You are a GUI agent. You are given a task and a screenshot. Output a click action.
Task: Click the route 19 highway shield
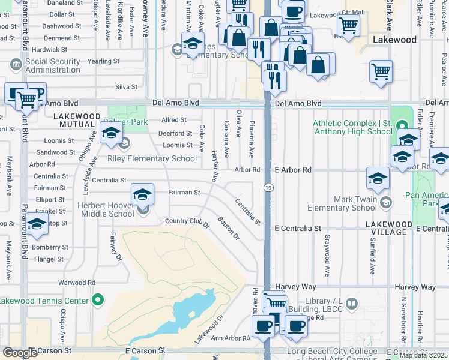click(x=266, y=188)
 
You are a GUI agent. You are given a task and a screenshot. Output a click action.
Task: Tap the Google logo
click(x=20, y=353)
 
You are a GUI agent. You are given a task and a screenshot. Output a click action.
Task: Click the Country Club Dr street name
click(x=187, y=223)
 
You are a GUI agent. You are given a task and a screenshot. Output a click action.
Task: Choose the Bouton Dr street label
click(x=229, y=228)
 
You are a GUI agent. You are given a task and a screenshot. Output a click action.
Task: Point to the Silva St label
click(x=126, y=87)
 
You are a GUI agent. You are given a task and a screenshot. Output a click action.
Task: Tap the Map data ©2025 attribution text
click(x=423, y=355)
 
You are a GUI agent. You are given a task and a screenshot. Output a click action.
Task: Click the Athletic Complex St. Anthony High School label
click(x=352, y=127)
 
